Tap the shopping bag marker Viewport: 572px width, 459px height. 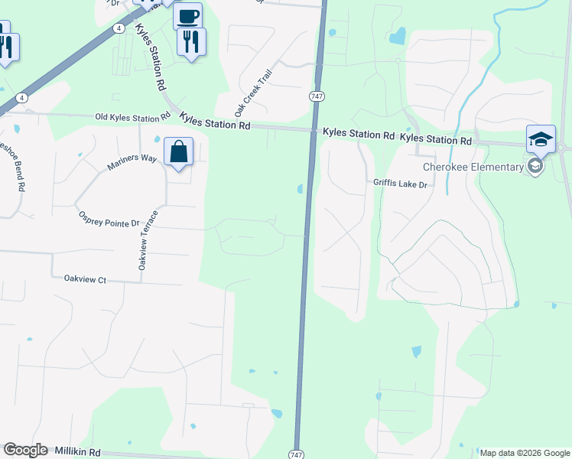point(178,152)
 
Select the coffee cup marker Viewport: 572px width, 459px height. point(187,16)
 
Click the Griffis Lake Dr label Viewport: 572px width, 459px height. point(404,184)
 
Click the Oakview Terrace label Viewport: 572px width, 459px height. point(148,239)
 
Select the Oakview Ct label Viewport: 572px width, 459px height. point(85,280)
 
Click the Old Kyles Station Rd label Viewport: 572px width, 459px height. point(132,117)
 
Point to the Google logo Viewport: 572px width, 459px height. point(25,450)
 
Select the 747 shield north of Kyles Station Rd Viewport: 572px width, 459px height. point(316,96)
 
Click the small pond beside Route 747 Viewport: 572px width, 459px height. point(301,188)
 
